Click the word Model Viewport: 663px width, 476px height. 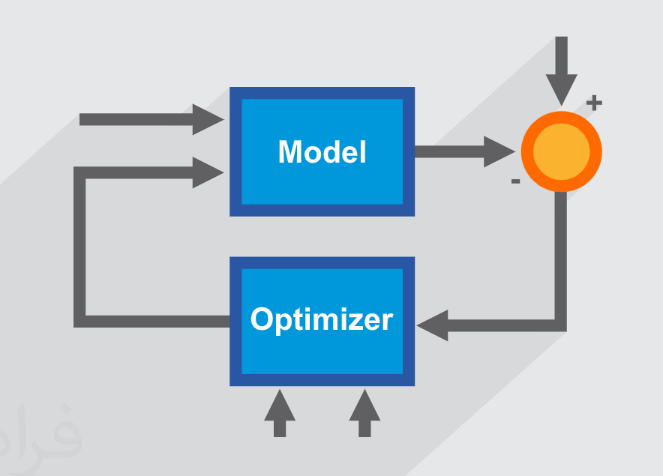[x=322, y=152]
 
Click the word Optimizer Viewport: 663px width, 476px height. [x=322, y=320]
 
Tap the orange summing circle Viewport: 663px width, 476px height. [x=561, y=151]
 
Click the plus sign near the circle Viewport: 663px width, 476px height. [x=594, y=103]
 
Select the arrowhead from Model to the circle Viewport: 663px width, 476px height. [x=500, y=151]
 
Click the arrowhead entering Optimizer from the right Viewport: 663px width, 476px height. [x=433, y=325]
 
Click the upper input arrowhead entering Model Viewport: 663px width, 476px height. [x=208, y=119]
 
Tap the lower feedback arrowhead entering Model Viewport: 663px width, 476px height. [x=208, y=172]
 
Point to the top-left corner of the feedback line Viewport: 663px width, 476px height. [x=80, y=173]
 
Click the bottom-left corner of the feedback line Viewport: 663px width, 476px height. [x=80, y=321]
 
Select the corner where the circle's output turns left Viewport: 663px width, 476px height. [x=560, y=325]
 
